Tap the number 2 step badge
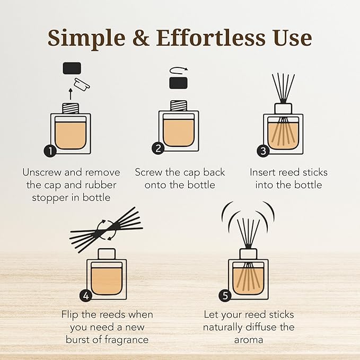point(158,149)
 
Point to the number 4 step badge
point(86,295)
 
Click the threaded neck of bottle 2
point(178,106)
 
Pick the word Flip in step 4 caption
point(72,315)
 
